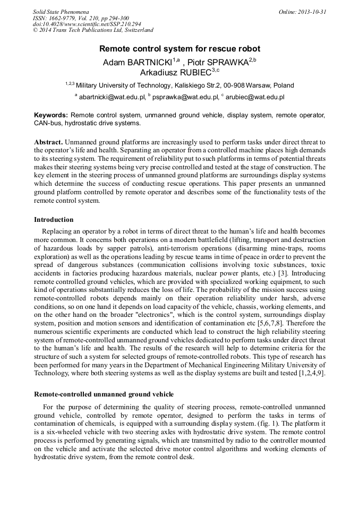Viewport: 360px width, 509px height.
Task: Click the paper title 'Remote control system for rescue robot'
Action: coord(179,49)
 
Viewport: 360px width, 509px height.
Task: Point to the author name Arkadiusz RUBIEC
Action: coord(175,73)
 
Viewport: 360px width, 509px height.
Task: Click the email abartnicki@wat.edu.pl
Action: coord(112,97)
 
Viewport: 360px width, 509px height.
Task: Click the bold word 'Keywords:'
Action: coord(51,115)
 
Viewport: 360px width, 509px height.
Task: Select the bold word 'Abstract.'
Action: coord(49,142)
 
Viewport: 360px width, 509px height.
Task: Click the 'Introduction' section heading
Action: coord(54,219)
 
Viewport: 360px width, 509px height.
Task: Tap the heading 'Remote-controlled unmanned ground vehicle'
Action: coord(104,394)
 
